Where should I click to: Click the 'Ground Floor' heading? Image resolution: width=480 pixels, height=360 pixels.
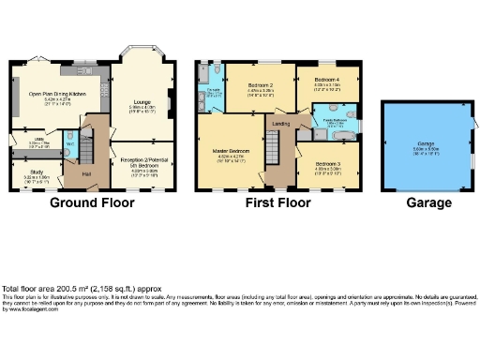click(x=91, y=202)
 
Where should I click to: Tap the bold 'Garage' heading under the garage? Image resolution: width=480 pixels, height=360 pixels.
click(x=427, y=202)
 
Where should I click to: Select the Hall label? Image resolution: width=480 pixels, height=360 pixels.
click(x=87, y=173)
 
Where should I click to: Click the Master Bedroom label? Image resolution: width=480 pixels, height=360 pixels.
click(x=229, y=151)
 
